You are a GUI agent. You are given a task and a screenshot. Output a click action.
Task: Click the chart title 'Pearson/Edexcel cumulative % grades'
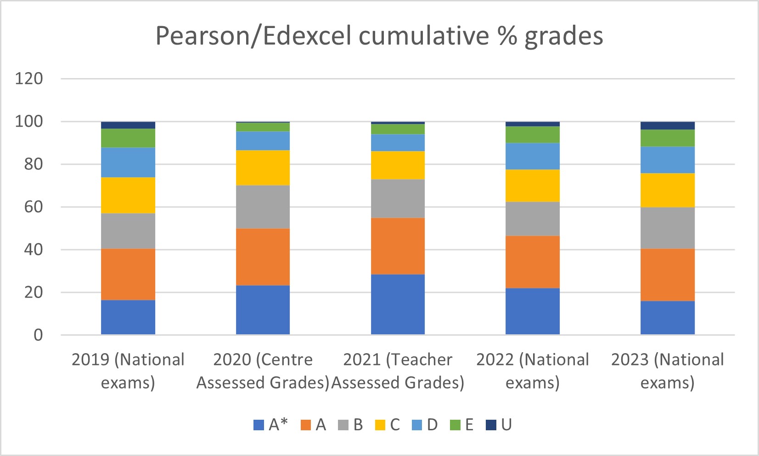pos(379,36)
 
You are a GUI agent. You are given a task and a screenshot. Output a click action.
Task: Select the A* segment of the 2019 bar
pos(128,317)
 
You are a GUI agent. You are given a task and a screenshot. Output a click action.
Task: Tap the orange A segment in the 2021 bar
pos(398,246)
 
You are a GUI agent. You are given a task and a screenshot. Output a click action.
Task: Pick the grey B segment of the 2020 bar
pos(263,207)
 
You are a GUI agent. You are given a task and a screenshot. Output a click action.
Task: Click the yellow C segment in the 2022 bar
pos(533,186)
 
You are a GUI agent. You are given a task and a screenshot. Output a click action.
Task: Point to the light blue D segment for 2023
pos(667,160)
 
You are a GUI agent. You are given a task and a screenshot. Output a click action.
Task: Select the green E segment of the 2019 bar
pos(128,138)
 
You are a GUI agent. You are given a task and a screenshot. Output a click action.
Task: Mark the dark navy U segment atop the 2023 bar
pos(667,126)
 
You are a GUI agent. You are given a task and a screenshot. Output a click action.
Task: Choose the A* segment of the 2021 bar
pos(398,304)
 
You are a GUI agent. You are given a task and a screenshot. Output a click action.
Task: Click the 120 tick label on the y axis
pos(29,79)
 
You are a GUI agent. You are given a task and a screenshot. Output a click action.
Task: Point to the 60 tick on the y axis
pos(34,207)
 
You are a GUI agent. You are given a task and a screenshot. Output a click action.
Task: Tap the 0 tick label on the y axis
pos(38,335)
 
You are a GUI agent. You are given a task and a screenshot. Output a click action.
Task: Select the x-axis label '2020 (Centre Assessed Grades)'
pos(263,371)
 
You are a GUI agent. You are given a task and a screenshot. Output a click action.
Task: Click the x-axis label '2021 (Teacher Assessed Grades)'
pos(398,371)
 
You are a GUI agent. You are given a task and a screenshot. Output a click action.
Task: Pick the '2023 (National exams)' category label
pos(667,371)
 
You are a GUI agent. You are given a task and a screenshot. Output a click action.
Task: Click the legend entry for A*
pos(271,425)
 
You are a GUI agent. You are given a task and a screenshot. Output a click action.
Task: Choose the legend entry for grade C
pos(388,425)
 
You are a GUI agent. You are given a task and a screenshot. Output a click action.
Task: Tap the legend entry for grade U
pos(499,425)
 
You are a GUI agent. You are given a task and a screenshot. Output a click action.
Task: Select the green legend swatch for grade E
pos(455,425)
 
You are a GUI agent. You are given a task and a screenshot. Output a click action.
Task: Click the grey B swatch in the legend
pos(343,425)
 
